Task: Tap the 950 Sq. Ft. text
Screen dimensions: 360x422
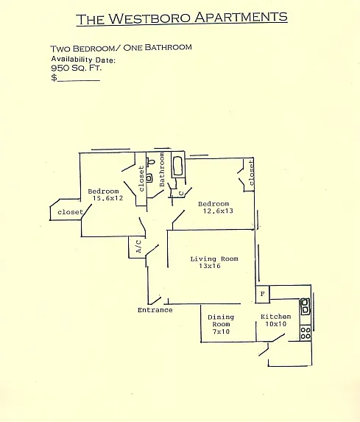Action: pyautogui.click(x=77, y=68)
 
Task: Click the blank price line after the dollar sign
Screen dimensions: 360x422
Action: pyautogui.click(x=78, y=80)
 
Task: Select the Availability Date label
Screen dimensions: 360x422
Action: pyautogui.click(x=83, y=60)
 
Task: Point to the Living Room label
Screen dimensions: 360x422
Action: pyautogui.click(x=214, y=259)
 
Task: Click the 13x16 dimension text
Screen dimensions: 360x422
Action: pyautogui.click(x=210, y=266)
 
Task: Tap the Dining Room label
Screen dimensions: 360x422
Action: pyautogui.click(x=221, y=320)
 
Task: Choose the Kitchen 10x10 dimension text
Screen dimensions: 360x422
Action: pyautogui.click(x=276, y=324)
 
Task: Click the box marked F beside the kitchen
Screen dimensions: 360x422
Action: pyautogui.click(x=262, y=294)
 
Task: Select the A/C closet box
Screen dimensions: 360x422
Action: pyautogui.click(x=137, y=247)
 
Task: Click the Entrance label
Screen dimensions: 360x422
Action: pyautogui.click(x=155, y=310)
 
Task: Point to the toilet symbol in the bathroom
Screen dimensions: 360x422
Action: pyautogui.click(x=151, y=162)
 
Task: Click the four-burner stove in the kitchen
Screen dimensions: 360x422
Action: pyautogui.click(x=306, y=333)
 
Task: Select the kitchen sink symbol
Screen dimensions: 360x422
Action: pyautogui.click(x=305, y=306)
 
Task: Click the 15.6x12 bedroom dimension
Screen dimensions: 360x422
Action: pyautogui.click(x=108, y=198)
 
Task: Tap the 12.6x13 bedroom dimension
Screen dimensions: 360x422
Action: pyautogui.click(x=218, y=211)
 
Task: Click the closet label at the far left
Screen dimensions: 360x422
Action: pyautogui.click(x=71, y=212)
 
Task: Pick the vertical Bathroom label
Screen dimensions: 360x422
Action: pyautogui.click(x=162, y=169)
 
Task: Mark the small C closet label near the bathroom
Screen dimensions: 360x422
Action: pyautogui.click(x=181, y=194)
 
